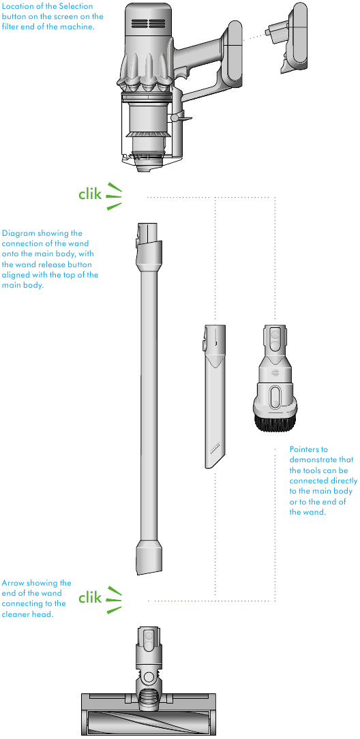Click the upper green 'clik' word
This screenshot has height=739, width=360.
click(90, 194)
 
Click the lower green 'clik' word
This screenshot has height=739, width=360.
click(90, 598)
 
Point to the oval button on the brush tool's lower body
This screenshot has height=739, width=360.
click(275, 396)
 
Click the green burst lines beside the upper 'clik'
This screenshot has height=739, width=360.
click(114, 196)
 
